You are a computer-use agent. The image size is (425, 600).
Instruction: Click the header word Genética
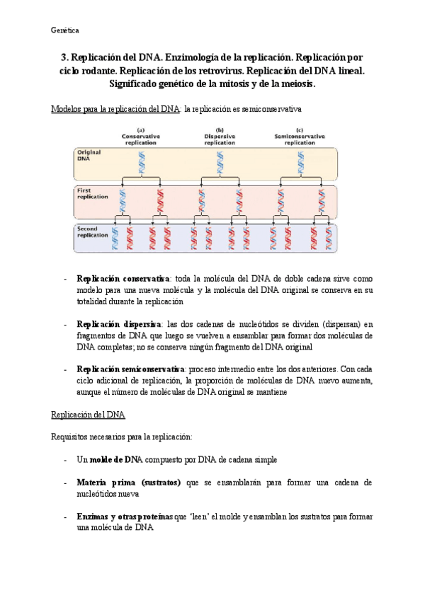[65, 30]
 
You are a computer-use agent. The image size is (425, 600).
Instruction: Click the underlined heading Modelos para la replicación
[116, 110]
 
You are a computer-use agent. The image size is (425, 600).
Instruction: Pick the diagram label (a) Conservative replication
[141, 137]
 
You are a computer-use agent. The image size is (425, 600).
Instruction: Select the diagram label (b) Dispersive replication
[220, 137]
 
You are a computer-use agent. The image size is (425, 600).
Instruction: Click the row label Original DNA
[88, 156]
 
